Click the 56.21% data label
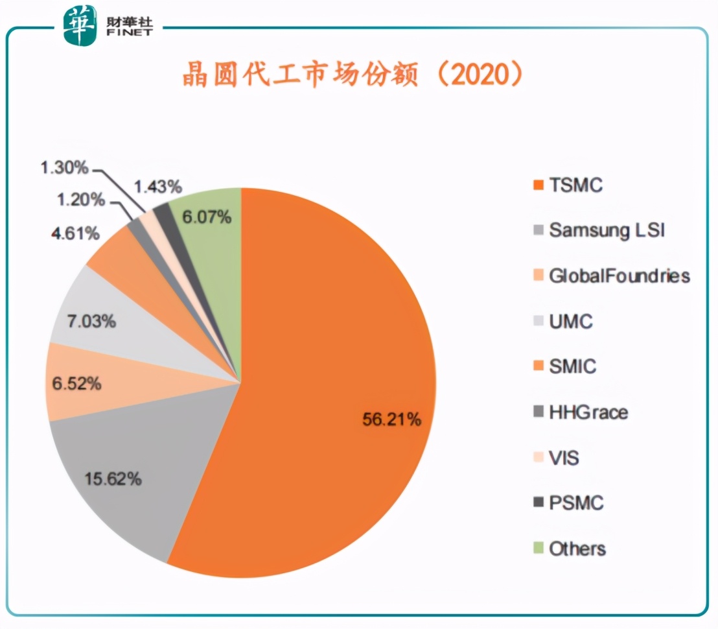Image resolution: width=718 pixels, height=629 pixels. [391, 420]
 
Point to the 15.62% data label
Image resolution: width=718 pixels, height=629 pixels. [113, 479]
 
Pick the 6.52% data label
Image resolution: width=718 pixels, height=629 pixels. [77, 383]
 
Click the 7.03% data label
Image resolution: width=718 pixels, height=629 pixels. [91, 320]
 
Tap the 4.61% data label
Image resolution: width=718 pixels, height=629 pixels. [76, 232]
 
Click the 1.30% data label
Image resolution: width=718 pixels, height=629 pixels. [64, 168]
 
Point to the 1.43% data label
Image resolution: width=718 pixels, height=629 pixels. [157, 187]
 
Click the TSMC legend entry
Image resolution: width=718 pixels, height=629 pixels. [575, 185]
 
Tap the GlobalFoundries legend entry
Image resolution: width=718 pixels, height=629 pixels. [619, 276]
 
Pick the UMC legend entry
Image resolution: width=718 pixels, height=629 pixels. [570, 321]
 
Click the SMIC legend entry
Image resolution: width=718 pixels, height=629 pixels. [572, 366]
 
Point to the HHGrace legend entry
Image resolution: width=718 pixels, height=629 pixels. [588, 412]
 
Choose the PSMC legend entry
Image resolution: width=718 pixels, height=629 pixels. [576, 503]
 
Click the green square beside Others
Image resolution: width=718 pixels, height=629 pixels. [537, 548]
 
